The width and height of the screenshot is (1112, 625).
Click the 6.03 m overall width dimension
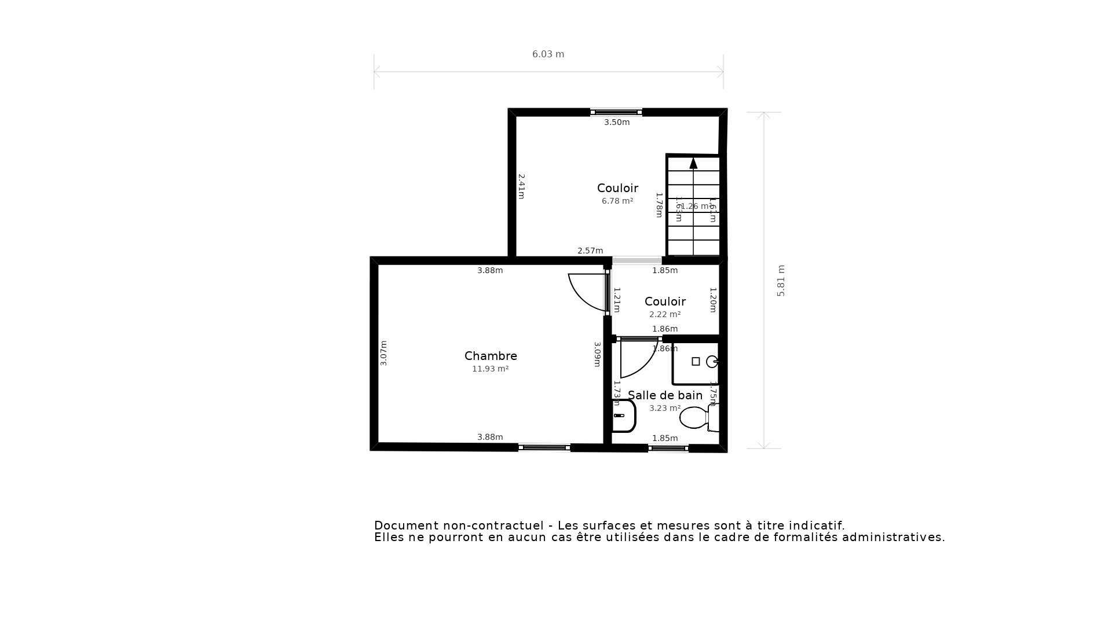548,54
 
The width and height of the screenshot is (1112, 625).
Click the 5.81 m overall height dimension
781,281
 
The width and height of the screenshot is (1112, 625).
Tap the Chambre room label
491,356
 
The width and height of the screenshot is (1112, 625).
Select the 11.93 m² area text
490,369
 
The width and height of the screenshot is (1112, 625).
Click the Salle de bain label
665,395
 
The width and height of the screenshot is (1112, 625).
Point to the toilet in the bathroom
695,417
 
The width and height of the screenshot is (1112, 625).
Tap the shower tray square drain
696,362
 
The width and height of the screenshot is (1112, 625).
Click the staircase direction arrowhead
693,163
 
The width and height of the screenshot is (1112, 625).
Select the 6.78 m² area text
617,201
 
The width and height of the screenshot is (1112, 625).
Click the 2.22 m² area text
664,315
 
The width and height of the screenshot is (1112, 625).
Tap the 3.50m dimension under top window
616,123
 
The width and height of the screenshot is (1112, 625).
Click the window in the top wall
616,112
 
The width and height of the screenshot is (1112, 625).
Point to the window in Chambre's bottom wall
544,447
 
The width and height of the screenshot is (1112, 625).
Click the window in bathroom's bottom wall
668,448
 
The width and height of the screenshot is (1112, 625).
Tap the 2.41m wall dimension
521,186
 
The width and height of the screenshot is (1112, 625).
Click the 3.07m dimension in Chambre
383,353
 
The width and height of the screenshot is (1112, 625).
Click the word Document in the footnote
406,526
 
